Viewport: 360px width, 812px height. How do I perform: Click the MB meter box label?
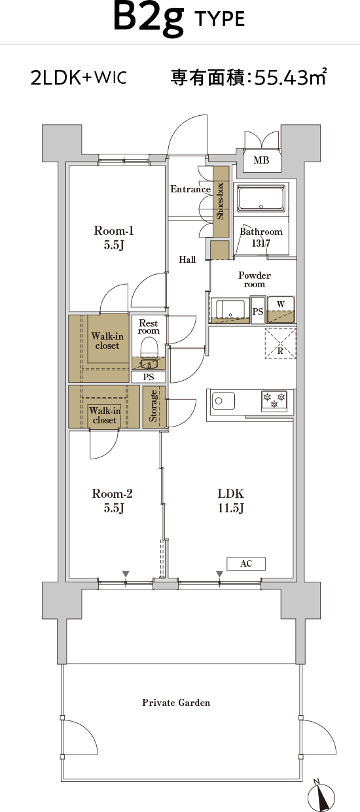click(x=261, y=160)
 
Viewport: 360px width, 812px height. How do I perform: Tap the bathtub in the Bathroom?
click(x=261, y=198)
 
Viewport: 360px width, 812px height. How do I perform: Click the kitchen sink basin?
click(x=223, y=400)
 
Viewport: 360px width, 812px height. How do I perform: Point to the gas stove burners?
click(x=274, y=400)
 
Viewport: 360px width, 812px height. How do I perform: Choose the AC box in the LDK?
click(x=246, y=563)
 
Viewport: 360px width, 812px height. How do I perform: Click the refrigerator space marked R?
click(x=280, y=344)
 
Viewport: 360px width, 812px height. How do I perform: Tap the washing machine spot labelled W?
click(x=281, y=309)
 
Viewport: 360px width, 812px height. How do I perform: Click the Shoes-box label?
click(x=220, y=201)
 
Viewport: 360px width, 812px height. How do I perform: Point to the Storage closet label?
click(x=153, y=406)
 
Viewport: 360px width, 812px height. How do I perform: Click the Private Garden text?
click(x=176, y=703)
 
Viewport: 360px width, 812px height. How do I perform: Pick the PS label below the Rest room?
click(x=149, y=377)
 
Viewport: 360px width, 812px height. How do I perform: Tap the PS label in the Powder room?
click(x=258, y=311)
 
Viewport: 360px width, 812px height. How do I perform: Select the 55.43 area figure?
click(x=279, y=77)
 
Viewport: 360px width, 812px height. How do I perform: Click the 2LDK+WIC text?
click(x=79, y=77)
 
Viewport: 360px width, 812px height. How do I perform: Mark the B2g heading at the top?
click(x=149, y=18)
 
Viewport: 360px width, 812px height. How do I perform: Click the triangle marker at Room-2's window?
click(x=126, y=574)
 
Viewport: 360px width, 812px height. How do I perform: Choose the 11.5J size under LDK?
click(x=231, y=508)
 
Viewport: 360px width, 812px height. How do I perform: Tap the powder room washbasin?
click(x=230, y=309)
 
